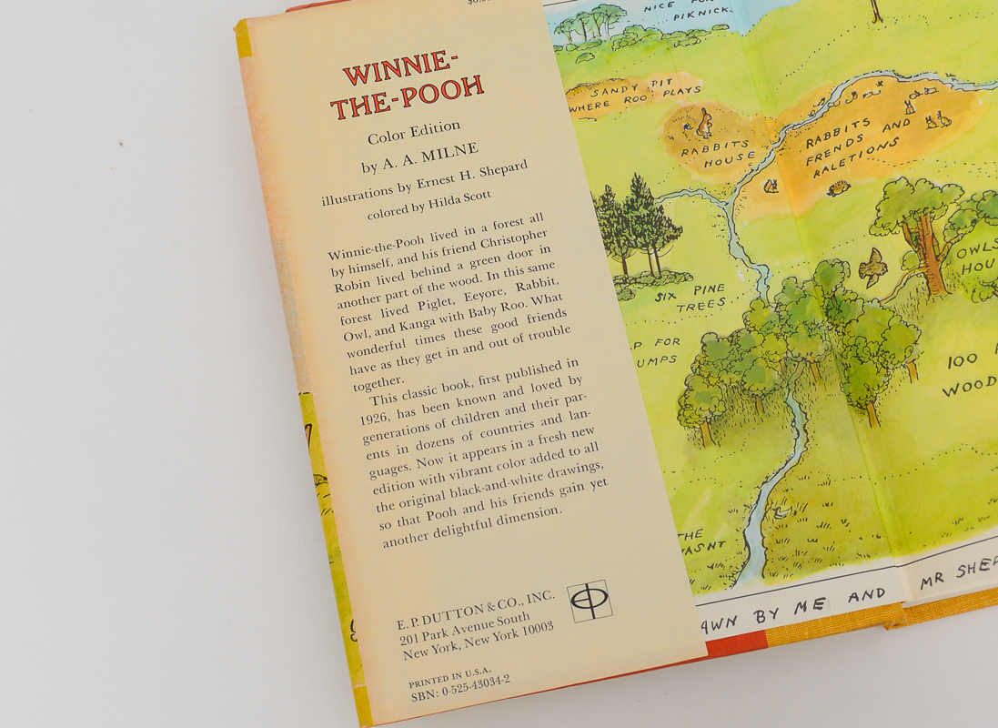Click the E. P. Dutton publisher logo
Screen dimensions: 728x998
click(589, 601)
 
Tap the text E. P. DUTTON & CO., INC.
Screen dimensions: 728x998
click(475, 610)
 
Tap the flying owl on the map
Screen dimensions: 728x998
click(873, 268)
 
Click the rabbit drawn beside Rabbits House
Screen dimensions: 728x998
click(703, 121)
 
